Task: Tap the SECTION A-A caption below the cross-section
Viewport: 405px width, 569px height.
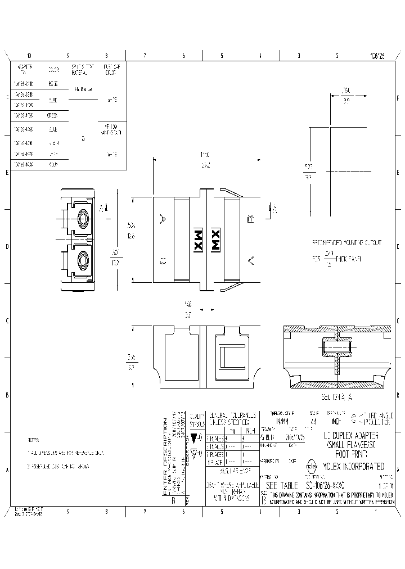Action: [x=336, y=397]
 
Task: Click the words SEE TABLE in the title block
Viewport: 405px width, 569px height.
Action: [x=282, y=485]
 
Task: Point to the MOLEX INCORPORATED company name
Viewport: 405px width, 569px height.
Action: [x=354, y=467]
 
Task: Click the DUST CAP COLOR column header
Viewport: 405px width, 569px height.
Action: [x=111, y=70]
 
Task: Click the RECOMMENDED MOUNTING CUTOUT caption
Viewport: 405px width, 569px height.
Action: [x=346, y=242]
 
